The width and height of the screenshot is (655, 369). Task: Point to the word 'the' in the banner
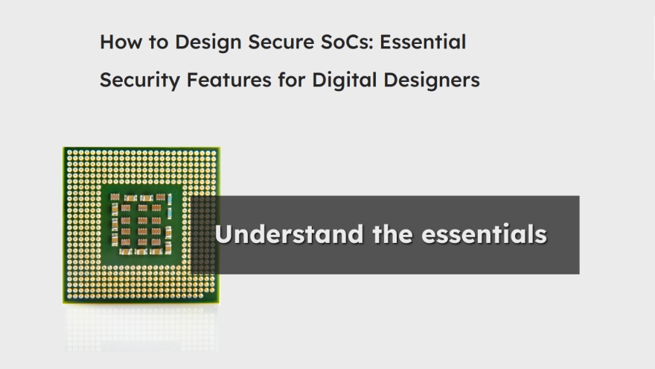click(x=386, y=234)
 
